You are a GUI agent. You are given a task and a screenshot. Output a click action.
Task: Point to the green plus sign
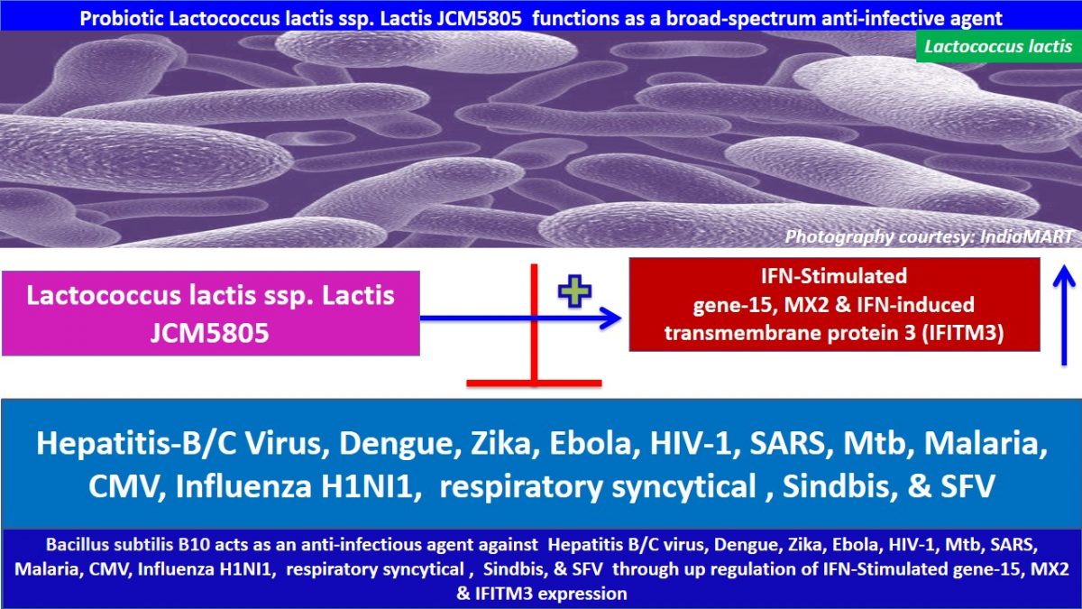coord(571,293)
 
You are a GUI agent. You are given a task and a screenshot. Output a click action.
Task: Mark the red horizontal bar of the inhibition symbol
coord(534,383)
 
